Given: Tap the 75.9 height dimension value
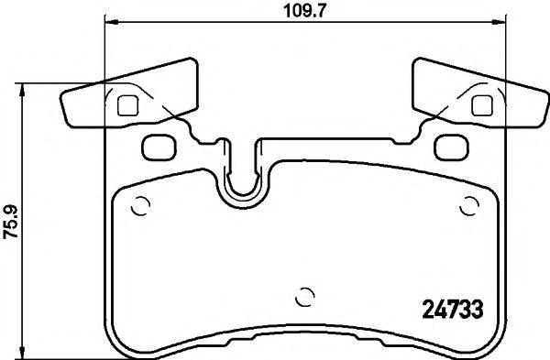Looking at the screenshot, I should click(10, 220).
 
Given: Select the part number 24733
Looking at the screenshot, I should click(452, 308).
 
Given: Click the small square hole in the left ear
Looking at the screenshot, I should click(129, 104).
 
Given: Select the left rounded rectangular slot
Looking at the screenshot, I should click(159, 144).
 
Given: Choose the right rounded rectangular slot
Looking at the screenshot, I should click(449, 144).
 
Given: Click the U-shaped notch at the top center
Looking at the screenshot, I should click(241, 179).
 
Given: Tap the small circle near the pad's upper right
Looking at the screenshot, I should click(470, 204).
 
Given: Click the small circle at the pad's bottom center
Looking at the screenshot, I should click(305, 297).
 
